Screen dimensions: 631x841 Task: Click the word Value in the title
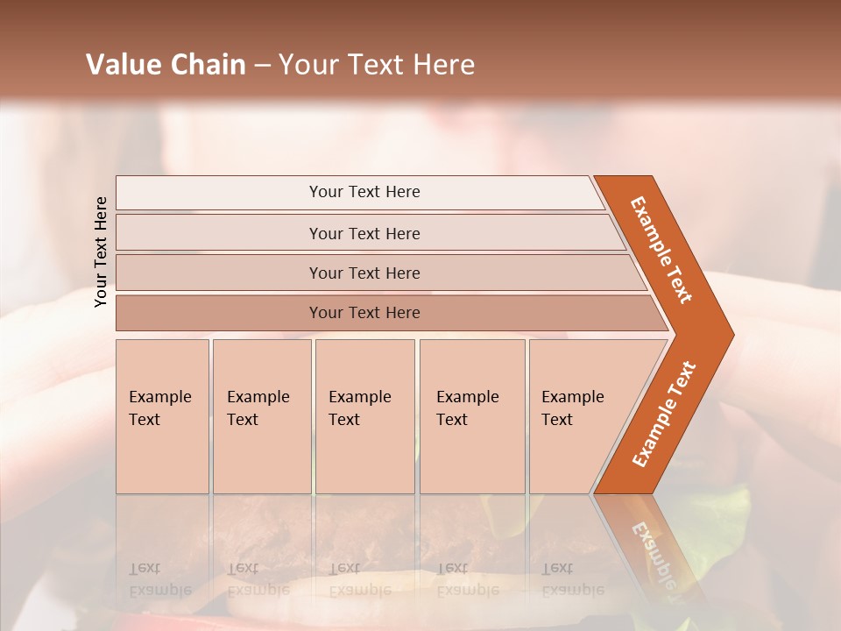tap(122, 65)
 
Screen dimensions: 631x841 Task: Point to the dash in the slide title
tap(262, 66)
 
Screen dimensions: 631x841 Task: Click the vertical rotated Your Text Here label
tap(101, 252)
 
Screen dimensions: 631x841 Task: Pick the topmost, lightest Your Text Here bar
tap(364, 192)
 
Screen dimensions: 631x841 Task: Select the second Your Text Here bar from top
tap(364, 233)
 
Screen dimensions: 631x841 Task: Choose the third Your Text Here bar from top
tap(364, 273)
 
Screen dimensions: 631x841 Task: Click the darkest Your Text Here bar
tap(364, 313)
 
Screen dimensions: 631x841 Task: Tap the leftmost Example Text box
tap(162, 416)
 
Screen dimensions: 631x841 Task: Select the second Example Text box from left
tap(261, 416)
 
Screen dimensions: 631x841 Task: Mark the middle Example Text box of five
tap(364, 416)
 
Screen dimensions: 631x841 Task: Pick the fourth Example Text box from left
tap(471, 416)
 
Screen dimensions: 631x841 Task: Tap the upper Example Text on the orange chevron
tap(661, 249)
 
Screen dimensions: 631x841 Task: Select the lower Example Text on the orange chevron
tap(664, 414)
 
